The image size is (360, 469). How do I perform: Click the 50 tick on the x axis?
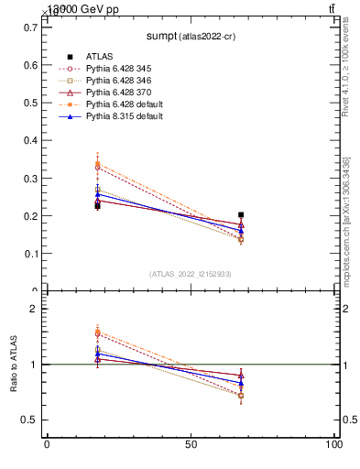191,444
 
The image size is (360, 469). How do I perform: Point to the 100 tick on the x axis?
332,444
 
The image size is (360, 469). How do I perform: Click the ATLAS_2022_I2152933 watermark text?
190,274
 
